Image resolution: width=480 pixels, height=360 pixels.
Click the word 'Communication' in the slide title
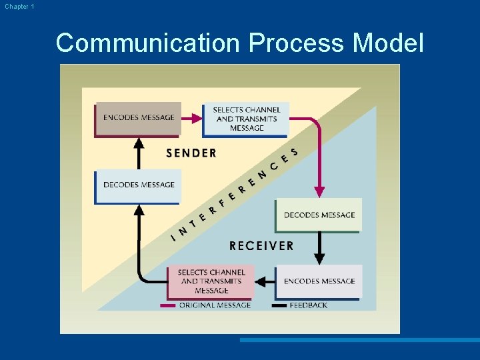(x=148, y=43)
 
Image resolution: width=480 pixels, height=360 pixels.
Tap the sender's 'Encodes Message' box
(x=139, y=118)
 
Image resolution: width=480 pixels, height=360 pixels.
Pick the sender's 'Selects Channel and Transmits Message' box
(x=246, y=119)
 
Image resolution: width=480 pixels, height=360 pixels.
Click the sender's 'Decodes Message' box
(x=138, y=185)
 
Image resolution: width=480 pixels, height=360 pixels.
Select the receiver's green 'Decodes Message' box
(x=319, y=215)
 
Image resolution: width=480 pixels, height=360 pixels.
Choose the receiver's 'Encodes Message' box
(x=319, y=281)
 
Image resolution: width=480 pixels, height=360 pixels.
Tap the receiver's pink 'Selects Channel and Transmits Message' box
(x=211, y=281)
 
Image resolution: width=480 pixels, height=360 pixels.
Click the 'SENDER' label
(x=191, y=153)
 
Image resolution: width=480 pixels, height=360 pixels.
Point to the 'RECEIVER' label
(x=261, y=246)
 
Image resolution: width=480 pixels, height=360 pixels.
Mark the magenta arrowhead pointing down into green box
(x=319, y=191)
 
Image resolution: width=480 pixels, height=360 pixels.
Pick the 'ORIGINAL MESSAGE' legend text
(x=215, y=305)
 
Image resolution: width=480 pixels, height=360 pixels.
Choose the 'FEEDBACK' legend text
(x=308, y=305)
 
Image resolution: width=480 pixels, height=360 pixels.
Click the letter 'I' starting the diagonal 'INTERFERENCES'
(x=173, y=235)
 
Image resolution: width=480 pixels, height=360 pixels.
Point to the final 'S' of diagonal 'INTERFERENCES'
(x=294, y=153)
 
